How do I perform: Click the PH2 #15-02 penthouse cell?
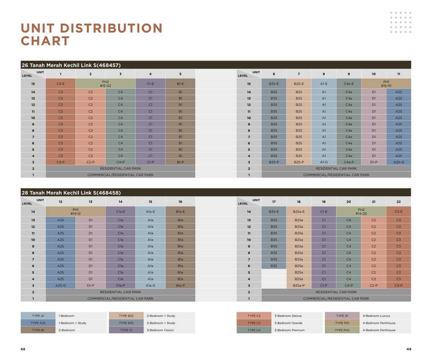coord(105,84)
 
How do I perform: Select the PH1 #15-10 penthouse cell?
coord(386,84)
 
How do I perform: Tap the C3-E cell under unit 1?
coord(60,84)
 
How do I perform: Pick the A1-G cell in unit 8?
coord(324,162)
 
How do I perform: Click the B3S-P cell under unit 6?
coord(274,162)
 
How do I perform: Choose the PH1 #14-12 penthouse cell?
coord(75,211)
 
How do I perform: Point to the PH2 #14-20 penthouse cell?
coord(361,211)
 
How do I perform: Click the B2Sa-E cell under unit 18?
coord(299,212)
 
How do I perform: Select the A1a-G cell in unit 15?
coord(150,285)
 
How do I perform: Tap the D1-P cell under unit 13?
coord(90,285)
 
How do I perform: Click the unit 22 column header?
coord(399,202)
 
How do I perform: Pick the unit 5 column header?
coord(180,74)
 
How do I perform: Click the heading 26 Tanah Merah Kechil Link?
coord(71,65)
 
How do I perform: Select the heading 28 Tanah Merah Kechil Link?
coord(71,193)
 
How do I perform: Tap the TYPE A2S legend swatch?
coord(38,323)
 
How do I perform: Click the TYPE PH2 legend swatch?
coord(342,330)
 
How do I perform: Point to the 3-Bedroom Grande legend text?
coord(288,323)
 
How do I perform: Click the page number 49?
coord(409,349)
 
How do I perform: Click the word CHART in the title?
coord(45,41)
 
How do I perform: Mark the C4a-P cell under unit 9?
coord(348,162)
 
